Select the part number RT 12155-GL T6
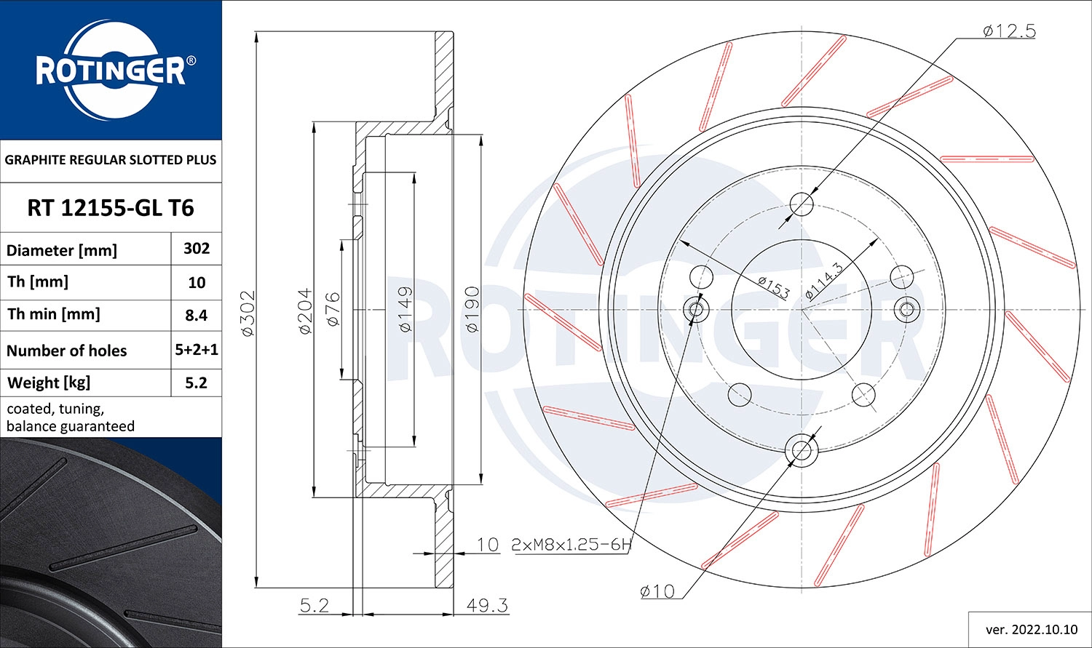[x=111, y=208]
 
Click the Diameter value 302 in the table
[x=197, y=249]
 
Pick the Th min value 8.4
[x=197, y=315]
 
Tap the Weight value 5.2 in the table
[x=197, y=383]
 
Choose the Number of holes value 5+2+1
[x=197, y=350]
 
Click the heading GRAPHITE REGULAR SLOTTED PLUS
[x=111, y=160]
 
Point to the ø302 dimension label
[x=248, y=313]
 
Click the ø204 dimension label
[x=305, y=311]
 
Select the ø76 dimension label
[x=333, y=308]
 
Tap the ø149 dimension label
[x=405, y=309]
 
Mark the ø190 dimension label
[x=472, y=310]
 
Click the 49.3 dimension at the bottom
[x=487, y=605]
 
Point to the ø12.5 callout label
[x=1008, y=31]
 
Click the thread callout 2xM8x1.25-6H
[x=571, y=544]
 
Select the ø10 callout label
[x=657, y=591]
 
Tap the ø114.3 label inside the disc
[x=824, y=281]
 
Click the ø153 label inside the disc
[x=773, y=287]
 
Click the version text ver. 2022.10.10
[x=1029, y=629]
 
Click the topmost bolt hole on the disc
[x=802, y=204]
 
